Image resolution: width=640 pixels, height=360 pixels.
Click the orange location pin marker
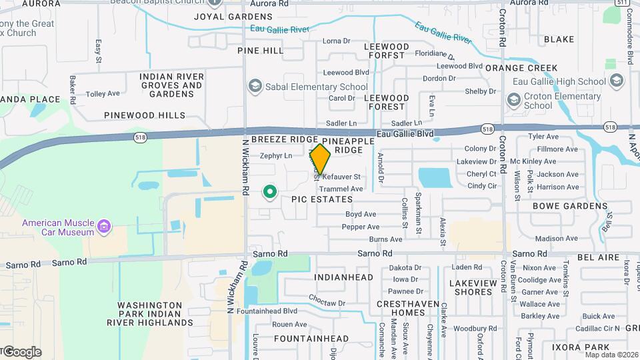[320, 159]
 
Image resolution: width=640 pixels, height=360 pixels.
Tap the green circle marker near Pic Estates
[270, 193]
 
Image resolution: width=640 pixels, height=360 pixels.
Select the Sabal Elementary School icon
[254, 86]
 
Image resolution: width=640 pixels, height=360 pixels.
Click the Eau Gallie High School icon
[616, 81]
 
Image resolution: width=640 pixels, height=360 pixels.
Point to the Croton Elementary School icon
[513, 100]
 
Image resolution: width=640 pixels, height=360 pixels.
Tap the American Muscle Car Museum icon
[103, 227]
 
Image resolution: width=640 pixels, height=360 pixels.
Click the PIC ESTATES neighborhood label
[322, 199]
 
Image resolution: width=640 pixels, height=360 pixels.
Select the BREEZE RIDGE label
[285, 139]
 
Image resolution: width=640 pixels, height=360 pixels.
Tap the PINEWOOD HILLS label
[145, 115]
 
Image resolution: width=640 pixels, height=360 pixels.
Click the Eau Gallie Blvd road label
[405, 134]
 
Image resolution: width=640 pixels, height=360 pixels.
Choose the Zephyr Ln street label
[276, 156]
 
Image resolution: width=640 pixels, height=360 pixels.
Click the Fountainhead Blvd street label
[267, 311]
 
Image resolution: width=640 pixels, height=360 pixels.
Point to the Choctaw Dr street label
[327, 303]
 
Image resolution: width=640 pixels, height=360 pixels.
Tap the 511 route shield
[622, 1]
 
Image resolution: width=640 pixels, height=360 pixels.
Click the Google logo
[22, 351]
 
